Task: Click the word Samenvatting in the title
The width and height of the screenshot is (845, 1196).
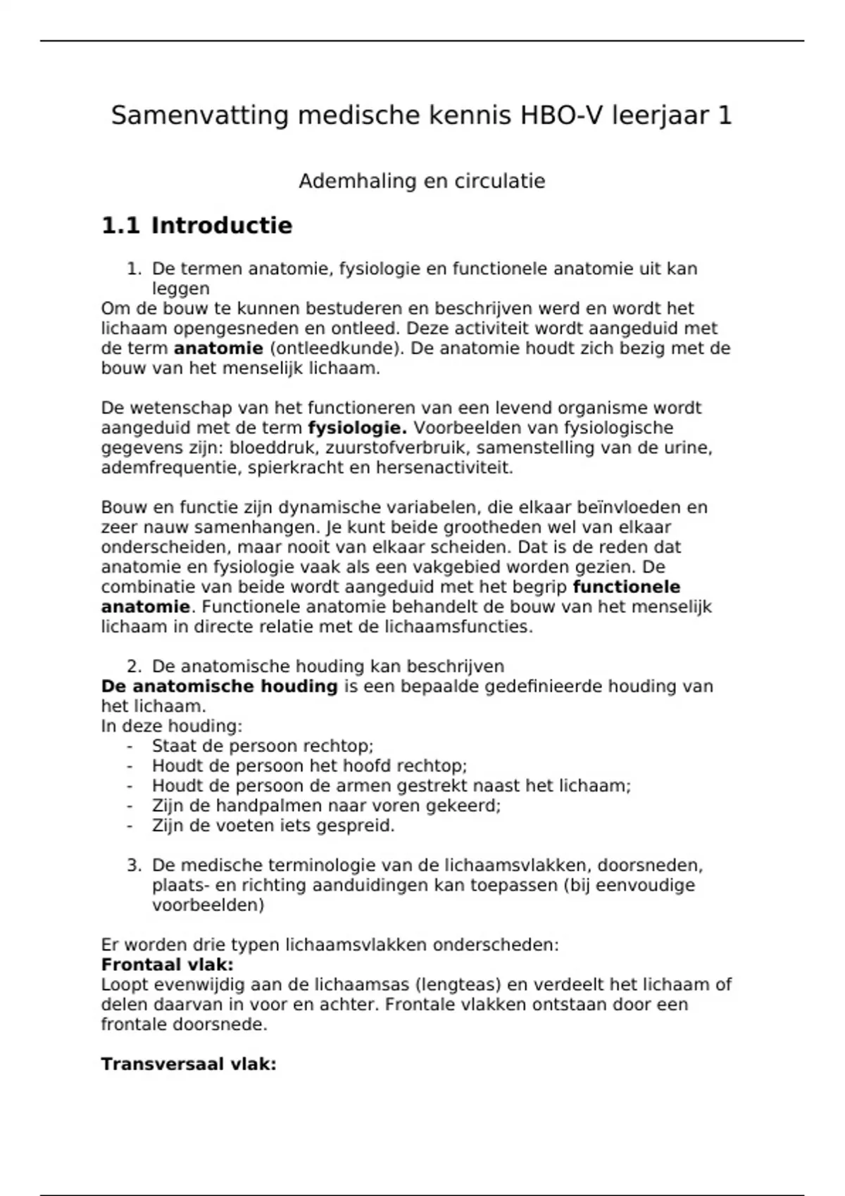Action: tap(199, 115)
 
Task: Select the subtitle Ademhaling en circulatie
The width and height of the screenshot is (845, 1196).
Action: tap(422, 182)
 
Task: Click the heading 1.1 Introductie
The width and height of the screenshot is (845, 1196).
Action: tap(196, 226)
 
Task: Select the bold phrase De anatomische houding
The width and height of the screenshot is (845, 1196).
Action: tap(219, 686)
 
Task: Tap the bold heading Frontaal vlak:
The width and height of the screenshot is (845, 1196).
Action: tap(167, 965)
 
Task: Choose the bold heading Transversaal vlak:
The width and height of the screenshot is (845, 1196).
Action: tap(188, 1064)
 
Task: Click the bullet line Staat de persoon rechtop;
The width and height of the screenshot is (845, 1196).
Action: tap(262, 746)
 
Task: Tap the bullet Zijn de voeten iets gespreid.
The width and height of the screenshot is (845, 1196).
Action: tap(273, 825)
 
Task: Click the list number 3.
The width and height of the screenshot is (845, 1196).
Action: tap(134, 865)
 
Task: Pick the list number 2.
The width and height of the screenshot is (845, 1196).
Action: tap(134, 666)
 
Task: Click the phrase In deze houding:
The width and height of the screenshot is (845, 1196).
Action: tap(171, 726)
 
